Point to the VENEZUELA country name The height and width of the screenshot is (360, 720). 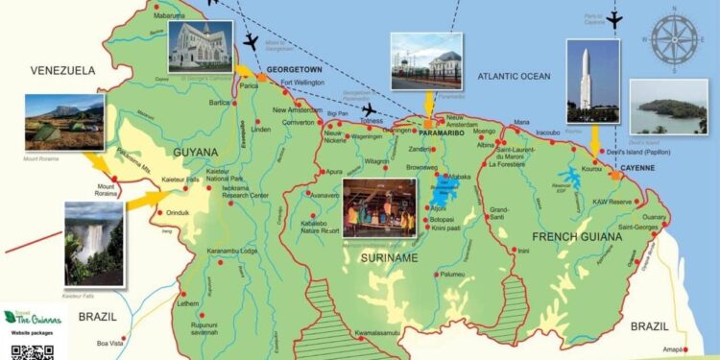pyautogui.click(x=63, y=71)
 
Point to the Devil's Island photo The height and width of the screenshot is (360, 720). pyautogui.click(x=668, y=107)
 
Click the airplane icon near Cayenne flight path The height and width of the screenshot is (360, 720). pyautogui.click(x=614, y=18)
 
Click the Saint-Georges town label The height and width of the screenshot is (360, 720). pyautogui.click(x=641, y=227)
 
